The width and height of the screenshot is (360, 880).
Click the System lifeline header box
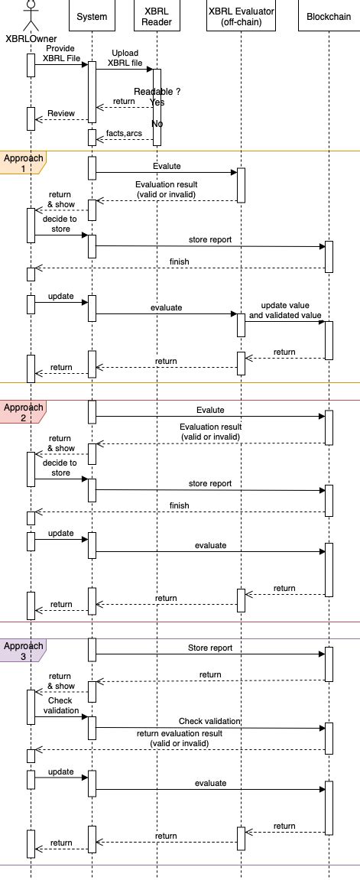pos(92,17)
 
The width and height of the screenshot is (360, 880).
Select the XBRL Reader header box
pos(157,17)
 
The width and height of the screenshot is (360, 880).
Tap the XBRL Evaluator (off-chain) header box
pos(241,17)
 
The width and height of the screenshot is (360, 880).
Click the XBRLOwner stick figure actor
pos(31,14)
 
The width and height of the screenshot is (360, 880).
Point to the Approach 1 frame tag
pos(21,162)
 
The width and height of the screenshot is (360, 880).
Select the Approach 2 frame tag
pos(21,412)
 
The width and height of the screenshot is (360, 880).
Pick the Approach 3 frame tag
pos(21,651)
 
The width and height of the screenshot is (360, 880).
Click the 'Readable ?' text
pos(157,92)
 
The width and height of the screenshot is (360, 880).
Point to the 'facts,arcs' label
pos(123,133)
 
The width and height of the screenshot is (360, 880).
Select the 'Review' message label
pos(61,114)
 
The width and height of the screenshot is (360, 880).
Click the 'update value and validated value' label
pos(285,310)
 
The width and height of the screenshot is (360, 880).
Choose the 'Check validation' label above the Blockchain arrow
pos(209,721)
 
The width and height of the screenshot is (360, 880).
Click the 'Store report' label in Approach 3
pos(209,648)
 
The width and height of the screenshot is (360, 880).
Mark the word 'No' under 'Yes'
pos(157,124)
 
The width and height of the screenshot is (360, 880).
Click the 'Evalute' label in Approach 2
pos(209,410)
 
